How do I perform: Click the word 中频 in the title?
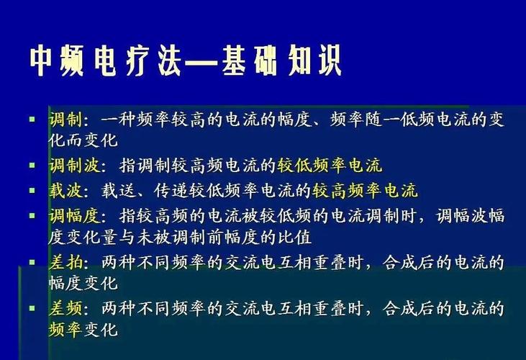[57, 60]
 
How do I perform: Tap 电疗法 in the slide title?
[137, 60]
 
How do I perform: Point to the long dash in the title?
[201, 61]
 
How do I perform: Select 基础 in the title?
[249, 60]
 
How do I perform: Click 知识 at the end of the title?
[314, 60]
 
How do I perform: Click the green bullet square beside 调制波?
[32, 165]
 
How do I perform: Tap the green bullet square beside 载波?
[32, 191]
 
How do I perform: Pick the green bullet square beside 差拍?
[32, 262]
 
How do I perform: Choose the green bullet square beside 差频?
[32, 307]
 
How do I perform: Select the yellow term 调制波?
[75, 165]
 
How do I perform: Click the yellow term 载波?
[65, 191]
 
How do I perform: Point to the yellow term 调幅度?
[75, 216]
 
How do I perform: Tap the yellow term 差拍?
[65, 262]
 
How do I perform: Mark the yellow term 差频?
[65, 307]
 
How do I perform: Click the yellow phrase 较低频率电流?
[330, 165]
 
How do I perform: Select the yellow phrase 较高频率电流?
[365, 191]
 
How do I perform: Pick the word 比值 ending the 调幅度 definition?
[294, 238]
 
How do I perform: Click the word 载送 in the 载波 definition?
[118, 191]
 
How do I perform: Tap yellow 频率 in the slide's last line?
[65, 330]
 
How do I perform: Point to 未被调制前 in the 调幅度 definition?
[181, 238]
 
